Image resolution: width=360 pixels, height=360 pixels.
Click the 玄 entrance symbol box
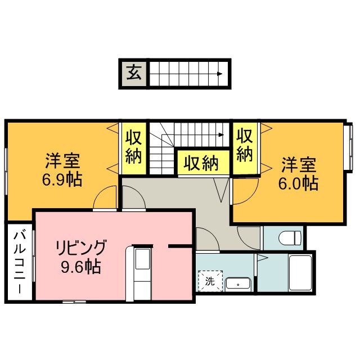point(133,73)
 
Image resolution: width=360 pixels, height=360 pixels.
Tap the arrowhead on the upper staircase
point(220,74)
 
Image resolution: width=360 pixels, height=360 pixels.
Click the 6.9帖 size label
point(62,180)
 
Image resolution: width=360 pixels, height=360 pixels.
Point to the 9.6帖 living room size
point(81,265)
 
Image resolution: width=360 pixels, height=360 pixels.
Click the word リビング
point(80,247)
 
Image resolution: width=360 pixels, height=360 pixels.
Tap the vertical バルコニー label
point(19,262)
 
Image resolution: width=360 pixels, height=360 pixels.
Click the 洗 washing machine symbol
point(210,281)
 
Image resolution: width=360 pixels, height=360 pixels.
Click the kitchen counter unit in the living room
point(141,272)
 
